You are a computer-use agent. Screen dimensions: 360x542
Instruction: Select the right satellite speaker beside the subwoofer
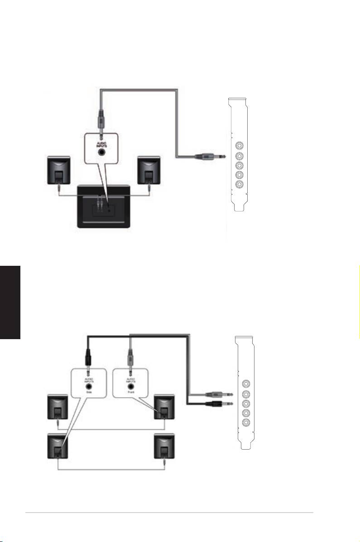point(148,170)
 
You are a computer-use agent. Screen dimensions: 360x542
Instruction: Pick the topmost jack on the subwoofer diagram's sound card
point(239,147)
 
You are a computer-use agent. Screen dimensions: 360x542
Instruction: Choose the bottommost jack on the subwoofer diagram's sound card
point(239,184)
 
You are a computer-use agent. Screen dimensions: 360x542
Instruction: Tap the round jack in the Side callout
point(89,385)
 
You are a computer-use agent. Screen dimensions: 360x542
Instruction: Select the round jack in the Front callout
point(131,385)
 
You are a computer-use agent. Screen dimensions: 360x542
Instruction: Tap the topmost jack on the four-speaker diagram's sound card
point(246,383)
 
